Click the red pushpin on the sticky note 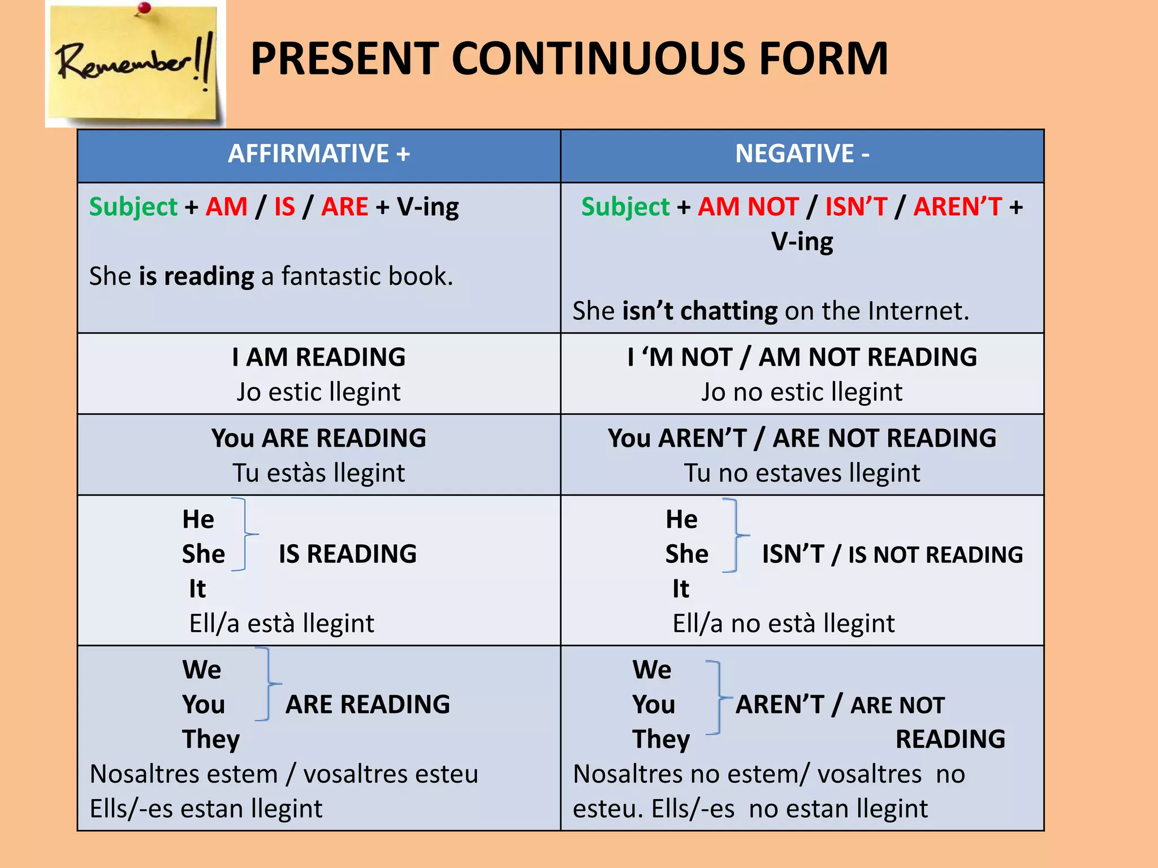coord(145,8)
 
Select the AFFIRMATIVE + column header coord(319,154)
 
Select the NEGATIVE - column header coord(802,154)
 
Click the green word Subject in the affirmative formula coord(133,207)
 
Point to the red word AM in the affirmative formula coord(226,207)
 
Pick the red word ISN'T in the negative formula coord(856,207)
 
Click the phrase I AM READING coord(319,357)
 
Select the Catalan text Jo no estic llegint coord(802,392)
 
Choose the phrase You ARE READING coord(319,438)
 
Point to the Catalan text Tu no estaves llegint coord(802,473)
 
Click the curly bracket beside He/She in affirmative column coord(245,535)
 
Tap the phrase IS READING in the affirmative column coord(348,554)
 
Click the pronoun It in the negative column coord(681,589)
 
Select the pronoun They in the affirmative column coord(211,739)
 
